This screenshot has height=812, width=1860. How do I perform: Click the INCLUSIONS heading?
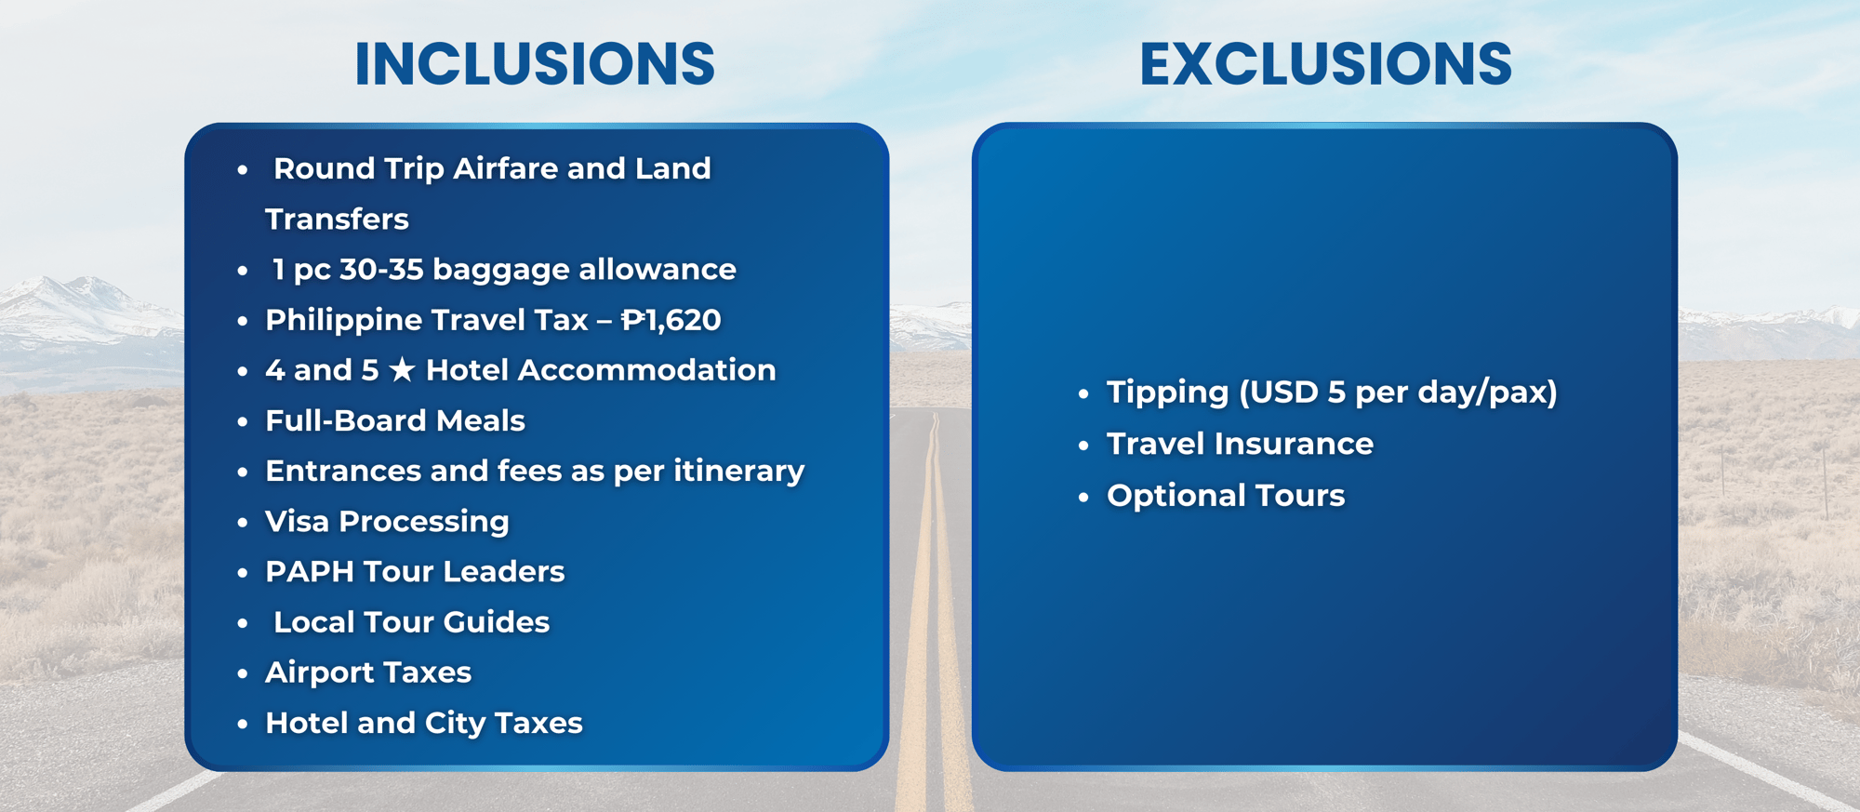535,64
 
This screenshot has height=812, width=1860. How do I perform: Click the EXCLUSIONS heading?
1325,64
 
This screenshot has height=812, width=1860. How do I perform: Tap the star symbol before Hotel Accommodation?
402,369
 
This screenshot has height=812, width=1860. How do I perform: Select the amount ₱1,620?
671,320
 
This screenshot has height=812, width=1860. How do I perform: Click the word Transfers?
337,219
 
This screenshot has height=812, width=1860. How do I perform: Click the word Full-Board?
346,420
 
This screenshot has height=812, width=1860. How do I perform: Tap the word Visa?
298,521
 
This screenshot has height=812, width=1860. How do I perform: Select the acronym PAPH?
310,571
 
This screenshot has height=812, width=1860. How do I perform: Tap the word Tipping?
1168,393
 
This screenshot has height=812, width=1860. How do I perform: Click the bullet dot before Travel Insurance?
1083,446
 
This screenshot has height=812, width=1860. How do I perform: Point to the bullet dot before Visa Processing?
243,523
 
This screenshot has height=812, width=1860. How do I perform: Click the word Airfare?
506,168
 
